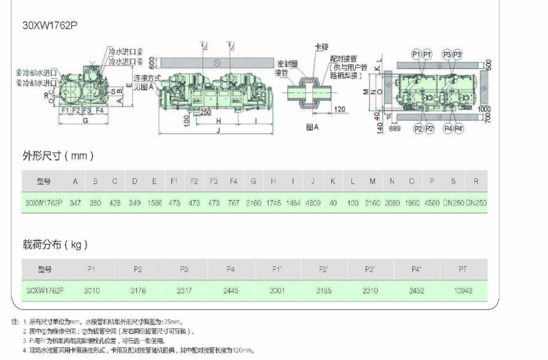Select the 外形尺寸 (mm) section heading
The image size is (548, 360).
click(x=58, y=156)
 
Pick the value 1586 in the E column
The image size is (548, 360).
click(x=154, y=202)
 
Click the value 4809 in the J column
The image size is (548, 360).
click(x=313, y=202)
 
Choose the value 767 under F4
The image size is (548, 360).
click(x=234, y=202)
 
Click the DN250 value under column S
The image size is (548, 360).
click(x=454, y=202)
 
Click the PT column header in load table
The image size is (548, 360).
click(x=463, y=269)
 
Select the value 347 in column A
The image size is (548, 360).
click(x=75, y=202)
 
